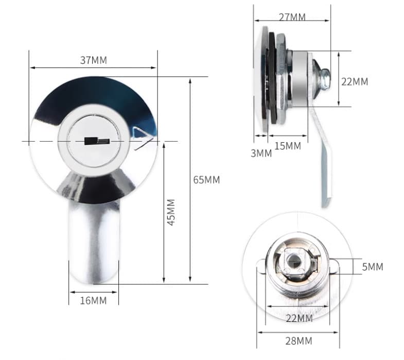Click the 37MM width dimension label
click(x=93, y=60)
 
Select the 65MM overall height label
click(x=206, y=180)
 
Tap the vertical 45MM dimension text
click(x=172, y=212)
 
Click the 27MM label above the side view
click(x=292, y=17)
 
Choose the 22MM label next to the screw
click(x=355, y=81)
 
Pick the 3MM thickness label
click(x=261, y=153)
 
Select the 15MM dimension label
click(x=288, y=146)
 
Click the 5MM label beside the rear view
click(x=372, y=267)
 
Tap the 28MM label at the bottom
click(x=298, y=341)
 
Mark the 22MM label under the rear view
click(x=299, y=319)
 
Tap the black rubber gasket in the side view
click(x=272, y=77)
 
